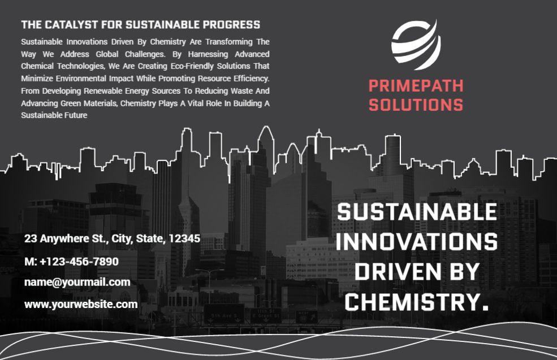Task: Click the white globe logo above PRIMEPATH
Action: pos(416,45)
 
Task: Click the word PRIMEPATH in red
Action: pos(416,86)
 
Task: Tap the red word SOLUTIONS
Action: pos(416,105)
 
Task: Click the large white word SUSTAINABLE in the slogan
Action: pos(417,212)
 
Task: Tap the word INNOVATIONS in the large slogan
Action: pos(417,242)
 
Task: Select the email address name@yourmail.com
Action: pos(77,282)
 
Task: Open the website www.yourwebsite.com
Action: pos(81,304)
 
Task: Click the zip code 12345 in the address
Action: pos(184,238)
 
